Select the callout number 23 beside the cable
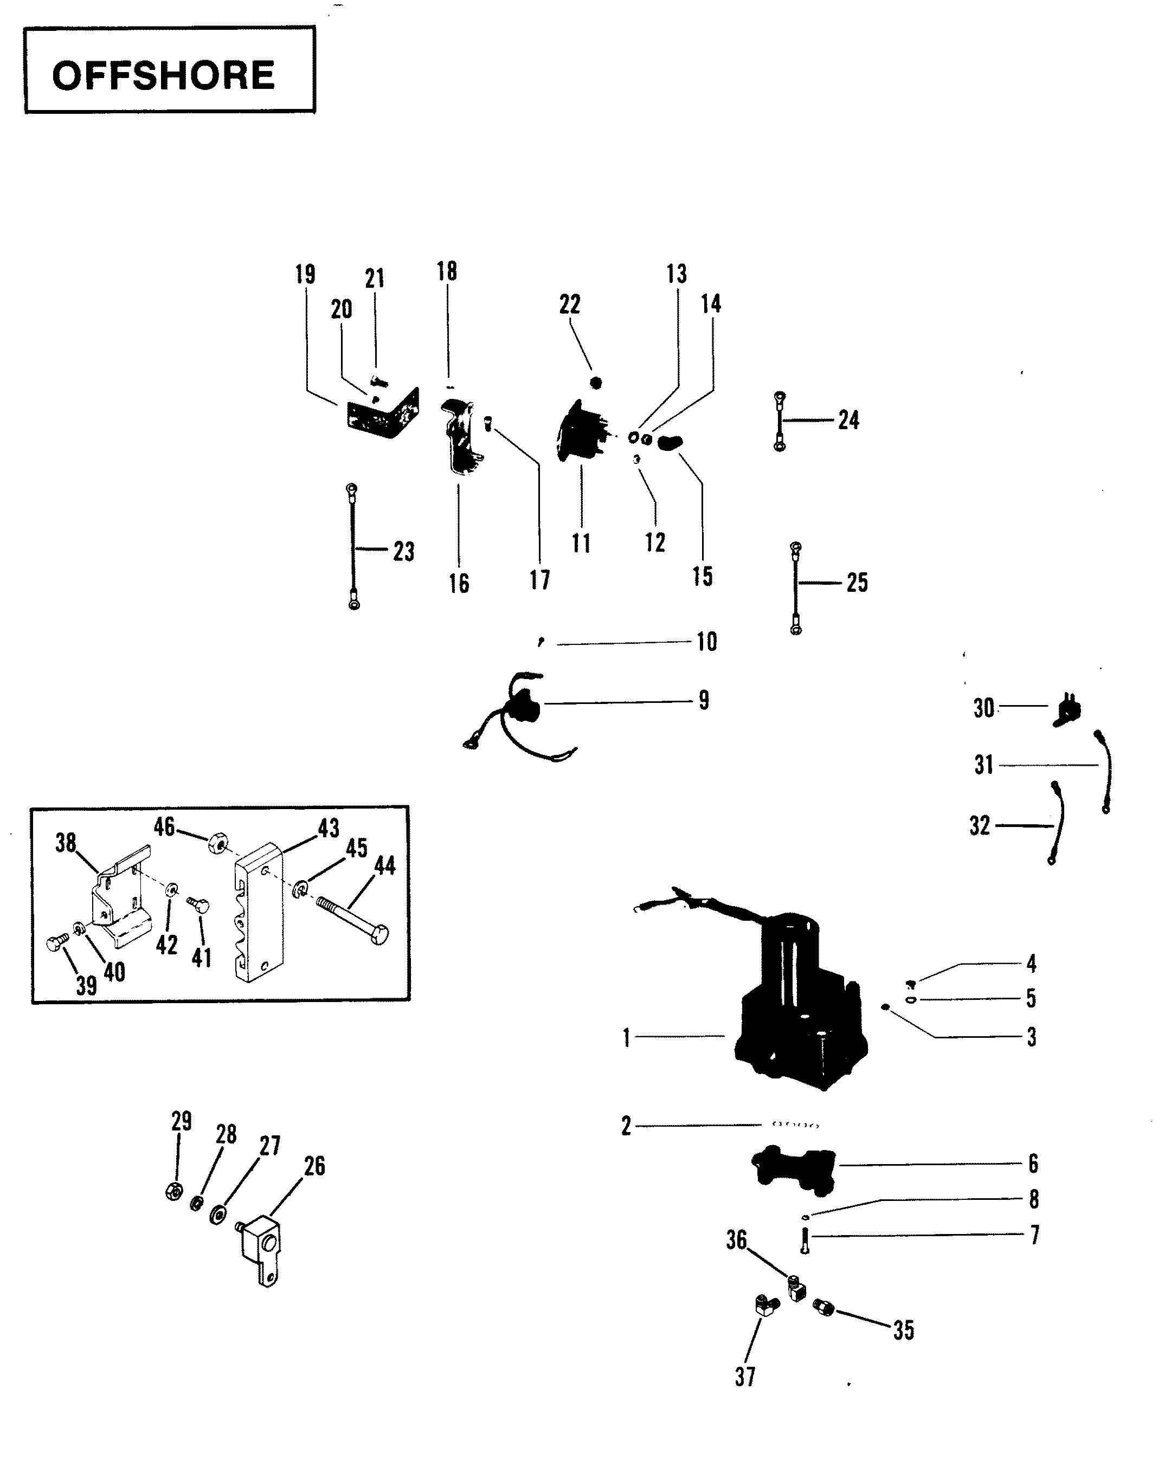[403, 551]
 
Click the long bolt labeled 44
[353, 922]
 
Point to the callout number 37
[745, 1376]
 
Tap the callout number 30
[984, 708]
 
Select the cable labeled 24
[779, 422]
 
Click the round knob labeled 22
[596, 383]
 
